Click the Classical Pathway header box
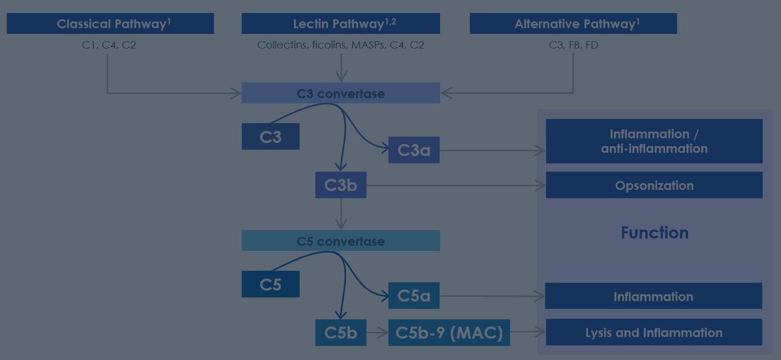point(110,24)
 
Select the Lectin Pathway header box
point(340,24)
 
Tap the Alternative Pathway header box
point(573,24)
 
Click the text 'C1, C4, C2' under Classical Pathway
point(109,45)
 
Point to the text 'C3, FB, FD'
point(573,45)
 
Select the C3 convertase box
point(340,93)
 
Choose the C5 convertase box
point(340,241)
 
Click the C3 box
point(270,137)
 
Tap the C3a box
point(413,150)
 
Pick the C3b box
point(340,185)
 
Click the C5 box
point(270,284)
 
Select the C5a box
point(413,296)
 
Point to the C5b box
point(340,332)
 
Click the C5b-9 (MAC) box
point(449,332)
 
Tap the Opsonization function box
point(654,186)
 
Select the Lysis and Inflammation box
point(654,332)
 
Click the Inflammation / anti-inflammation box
point(654,141)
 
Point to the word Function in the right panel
point(654,233)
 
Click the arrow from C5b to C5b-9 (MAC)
point(377,332)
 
